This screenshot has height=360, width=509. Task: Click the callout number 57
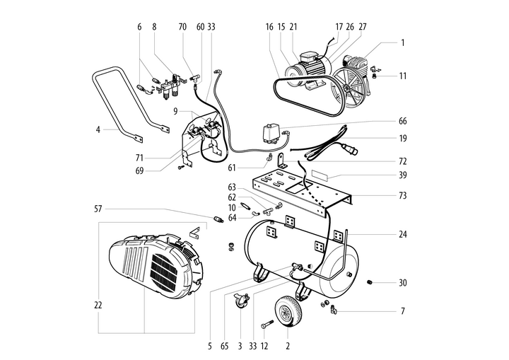coord(98,209)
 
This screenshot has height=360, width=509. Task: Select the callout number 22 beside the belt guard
coord(98,305)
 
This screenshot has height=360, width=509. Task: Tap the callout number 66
coord(402,121)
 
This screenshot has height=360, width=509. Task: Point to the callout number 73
coord(402,194)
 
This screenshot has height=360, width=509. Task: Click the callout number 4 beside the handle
coord(98,129)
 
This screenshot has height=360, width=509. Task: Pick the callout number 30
coord(402,284)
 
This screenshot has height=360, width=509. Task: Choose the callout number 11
coord(402,75)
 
